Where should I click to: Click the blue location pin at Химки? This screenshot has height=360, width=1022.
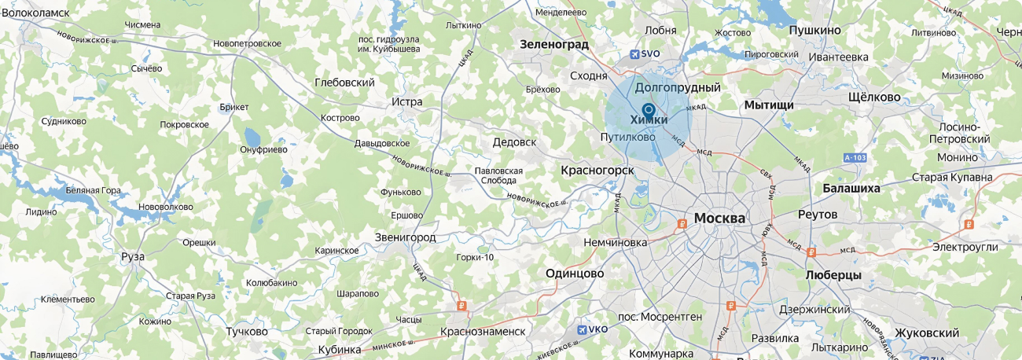(649, 109)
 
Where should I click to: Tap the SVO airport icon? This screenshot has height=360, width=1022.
(635, 54)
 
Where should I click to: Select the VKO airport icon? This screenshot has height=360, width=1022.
(582, 329)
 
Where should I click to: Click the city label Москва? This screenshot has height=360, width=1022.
(719, 218)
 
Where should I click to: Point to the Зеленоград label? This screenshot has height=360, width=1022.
(554, 45)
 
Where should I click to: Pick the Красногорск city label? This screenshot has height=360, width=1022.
(597, 170)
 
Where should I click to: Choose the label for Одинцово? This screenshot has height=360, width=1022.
(575, 274)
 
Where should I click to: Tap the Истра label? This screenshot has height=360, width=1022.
(406, 102)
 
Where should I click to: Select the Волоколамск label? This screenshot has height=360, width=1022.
(36, 13)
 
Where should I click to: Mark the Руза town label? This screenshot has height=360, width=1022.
(133, 256)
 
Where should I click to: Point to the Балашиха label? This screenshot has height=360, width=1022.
(851, 189)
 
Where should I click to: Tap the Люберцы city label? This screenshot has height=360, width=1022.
(833, 276)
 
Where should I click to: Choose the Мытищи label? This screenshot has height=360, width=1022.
(769, 105)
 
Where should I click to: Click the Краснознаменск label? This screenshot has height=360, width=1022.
(483, 332)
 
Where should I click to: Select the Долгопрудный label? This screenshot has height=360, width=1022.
(678, 87)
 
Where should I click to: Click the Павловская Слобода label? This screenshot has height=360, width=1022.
(498, 175)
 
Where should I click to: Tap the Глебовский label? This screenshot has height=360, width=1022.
(344, 83)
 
